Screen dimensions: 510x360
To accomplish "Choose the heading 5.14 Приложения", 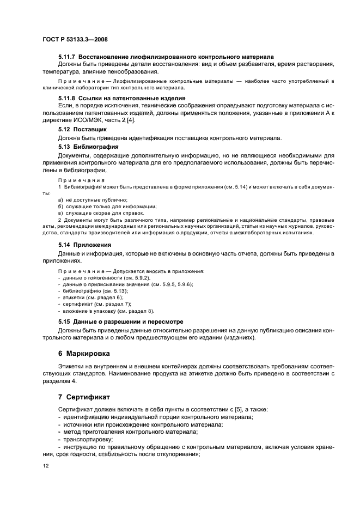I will coord(84,245).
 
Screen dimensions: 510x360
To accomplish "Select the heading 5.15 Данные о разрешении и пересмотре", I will coord(120,321).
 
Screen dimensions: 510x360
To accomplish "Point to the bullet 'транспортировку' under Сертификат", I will coord(88,438).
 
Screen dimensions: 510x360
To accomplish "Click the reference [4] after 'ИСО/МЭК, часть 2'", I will coord(131,120).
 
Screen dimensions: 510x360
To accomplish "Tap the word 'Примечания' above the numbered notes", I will coord(81,180).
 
